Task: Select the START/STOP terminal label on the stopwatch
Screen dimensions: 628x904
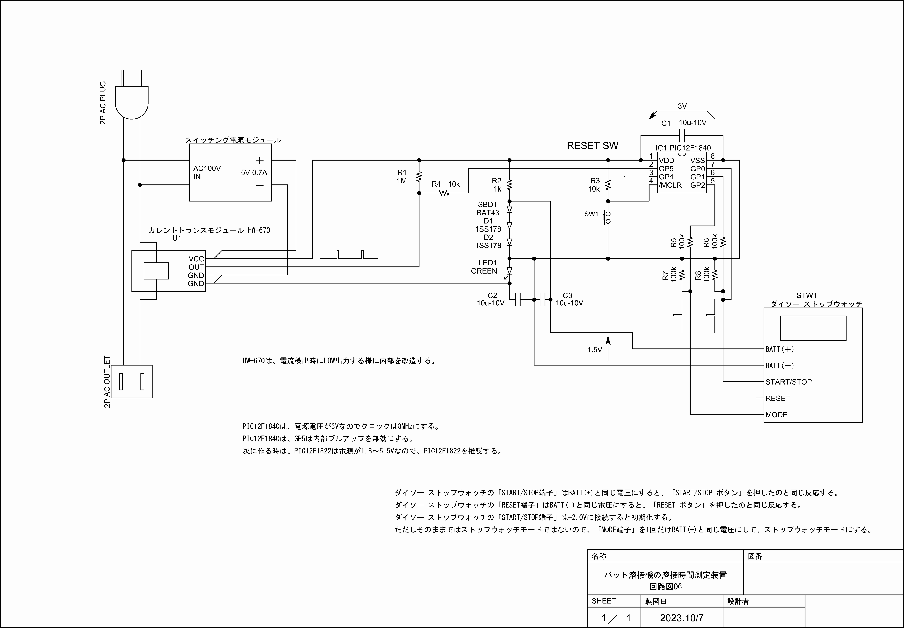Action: [x=788, y=382]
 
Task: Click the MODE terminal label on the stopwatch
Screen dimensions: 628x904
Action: [x=776, y=415]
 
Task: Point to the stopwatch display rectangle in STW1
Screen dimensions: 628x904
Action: [x=813, y=328]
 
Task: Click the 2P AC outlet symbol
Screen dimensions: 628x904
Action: [x=132, y=381]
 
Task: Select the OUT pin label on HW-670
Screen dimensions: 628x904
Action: [x=196, y=267]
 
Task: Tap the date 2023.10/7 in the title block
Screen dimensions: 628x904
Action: [x=682, y=618]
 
